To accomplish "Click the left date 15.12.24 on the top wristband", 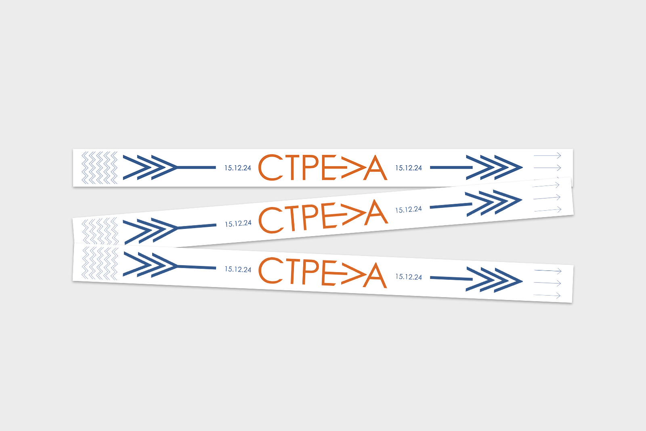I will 238,168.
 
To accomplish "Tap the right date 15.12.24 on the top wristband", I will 409,168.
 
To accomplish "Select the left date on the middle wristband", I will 238,224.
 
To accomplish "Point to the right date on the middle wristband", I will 409,209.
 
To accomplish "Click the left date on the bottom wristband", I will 238,269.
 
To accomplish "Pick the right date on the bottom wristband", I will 409,277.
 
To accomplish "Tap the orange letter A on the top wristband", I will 375,168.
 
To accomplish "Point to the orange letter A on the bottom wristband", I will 375,275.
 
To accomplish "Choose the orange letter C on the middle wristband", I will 271,220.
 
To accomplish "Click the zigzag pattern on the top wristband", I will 99,168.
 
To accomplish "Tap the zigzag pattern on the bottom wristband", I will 100,264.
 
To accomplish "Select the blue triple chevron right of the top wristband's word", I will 495,167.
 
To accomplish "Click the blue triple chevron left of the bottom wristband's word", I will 150,265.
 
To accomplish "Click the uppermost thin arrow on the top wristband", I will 547,156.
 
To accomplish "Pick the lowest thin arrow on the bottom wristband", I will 547,296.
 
